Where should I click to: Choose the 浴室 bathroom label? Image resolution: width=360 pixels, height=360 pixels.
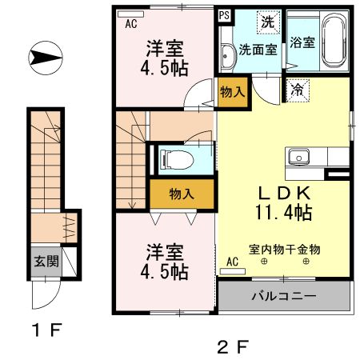tap(302, 42)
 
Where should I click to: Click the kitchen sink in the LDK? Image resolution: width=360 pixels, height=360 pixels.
tap(301, 156)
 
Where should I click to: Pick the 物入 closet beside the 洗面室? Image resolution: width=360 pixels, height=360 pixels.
tap(232, 91)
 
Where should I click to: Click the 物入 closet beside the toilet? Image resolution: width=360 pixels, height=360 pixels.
tap(182, 194)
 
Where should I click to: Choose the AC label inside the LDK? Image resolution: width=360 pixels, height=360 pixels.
tap(232, 262)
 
